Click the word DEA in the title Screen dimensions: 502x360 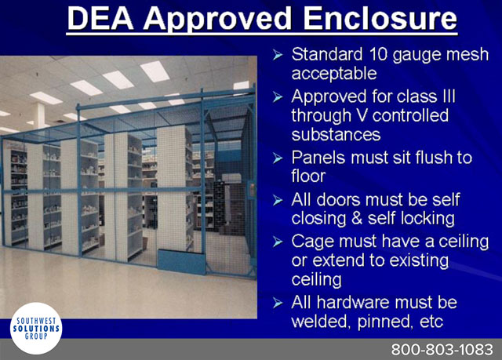[x=100, y=18]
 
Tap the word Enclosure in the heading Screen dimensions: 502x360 [x=380, y=18]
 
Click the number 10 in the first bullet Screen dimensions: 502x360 [x=376, y=54]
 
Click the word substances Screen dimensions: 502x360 [x=336, y=134]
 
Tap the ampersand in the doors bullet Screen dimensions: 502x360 [x=356, y=219]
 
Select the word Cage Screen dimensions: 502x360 [x=312, y=242]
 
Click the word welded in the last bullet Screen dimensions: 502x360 [x=319, y=321]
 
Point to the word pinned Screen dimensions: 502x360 [x=382, y=322]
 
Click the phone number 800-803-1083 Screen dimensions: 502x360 [x=442, y=350]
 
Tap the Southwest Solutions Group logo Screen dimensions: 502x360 [x=36, y=329]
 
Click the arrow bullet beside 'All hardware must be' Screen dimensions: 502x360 [x=278, y=303]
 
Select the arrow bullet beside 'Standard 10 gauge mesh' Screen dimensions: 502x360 [x=278, y=55]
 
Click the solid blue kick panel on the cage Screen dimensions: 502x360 [x=181, y=262]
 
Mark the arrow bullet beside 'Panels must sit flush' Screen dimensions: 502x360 [x=278, y=158]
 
